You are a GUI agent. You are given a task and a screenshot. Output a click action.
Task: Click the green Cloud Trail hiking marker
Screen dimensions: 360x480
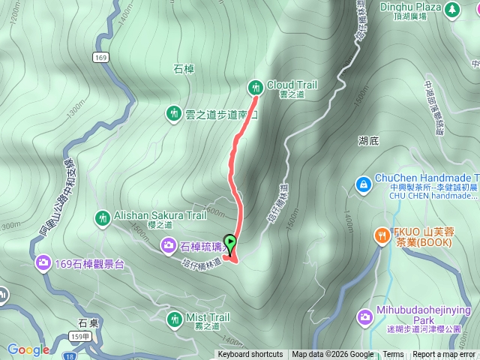[256, 87]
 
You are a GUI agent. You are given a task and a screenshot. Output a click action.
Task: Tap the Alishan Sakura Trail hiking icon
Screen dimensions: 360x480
[102, 218]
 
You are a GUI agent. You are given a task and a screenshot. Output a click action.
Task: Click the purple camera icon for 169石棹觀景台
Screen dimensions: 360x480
[43, 262]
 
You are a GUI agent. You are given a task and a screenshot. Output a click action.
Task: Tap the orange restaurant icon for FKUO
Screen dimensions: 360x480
[382, 235]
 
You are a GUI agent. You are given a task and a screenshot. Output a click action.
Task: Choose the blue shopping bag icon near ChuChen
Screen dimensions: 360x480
[363, 183]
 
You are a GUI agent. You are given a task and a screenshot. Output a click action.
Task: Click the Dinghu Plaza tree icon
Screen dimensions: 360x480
[451, 10]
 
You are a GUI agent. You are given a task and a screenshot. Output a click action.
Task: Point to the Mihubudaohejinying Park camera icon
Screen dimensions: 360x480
[365, 317]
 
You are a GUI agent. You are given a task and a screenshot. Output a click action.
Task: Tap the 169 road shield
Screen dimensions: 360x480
[100, 57]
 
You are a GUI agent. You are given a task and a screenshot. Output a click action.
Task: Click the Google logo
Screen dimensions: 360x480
[28, 349]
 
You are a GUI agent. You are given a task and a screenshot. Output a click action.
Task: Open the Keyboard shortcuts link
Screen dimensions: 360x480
[250, 355]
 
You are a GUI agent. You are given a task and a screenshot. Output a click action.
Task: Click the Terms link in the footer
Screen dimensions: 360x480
[393, 355]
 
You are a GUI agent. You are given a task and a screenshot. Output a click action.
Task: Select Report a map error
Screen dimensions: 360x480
[443, 355]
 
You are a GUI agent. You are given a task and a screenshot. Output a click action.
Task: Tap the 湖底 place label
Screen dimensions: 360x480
[369, 139]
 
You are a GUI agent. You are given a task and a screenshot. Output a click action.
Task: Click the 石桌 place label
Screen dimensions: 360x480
[88, 323]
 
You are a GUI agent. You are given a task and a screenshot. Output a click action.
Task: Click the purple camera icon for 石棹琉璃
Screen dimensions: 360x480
[169, 244]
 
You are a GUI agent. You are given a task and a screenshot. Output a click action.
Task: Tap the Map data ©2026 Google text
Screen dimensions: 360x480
[333, 355]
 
